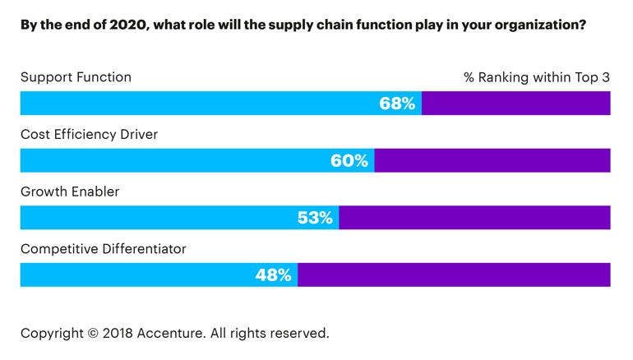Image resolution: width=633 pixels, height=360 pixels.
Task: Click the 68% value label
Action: point(397,104)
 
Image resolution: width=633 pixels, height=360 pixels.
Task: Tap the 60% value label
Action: point(349,160)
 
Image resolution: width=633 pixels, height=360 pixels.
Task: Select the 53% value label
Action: point(315,218)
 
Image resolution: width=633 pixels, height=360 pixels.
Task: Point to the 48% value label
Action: point(274,275)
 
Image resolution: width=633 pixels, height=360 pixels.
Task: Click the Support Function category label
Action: point(76,77)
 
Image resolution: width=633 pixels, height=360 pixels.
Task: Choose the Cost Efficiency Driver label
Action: point(89,135)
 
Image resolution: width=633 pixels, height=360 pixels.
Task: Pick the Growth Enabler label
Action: point(70,192)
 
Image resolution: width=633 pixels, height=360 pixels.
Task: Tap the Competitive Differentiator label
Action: point(104,248)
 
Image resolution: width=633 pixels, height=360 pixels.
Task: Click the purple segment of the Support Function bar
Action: point(516,104)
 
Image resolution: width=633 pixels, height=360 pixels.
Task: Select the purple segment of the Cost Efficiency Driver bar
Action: point(492,160)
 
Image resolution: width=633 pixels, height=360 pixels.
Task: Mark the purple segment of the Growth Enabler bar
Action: point(474,218)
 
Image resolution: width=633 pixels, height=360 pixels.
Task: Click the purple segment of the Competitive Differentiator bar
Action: point(454,275)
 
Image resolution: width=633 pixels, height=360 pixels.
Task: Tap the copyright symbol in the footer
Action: point(92,333)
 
